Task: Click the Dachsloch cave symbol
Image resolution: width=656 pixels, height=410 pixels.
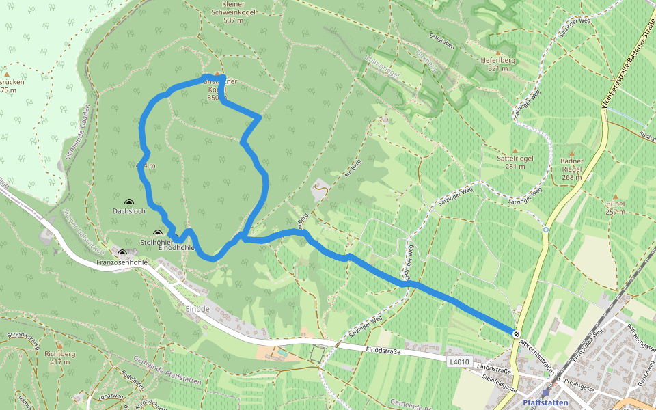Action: click(129, 202)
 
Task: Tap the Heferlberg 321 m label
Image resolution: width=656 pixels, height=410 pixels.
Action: click(497, 64)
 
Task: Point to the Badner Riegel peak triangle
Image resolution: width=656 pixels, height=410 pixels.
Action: click(571, 152)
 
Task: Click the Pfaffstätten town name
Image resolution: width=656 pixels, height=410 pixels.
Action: click(545, 402)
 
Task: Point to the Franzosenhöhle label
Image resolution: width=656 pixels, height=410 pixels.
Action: click(123, 262)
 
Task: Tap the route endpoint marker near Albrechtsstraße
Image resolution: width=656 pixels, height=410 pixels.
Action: click(515, 333)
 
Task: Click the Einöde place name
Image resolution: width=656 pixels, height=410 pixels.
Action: click(197, 309)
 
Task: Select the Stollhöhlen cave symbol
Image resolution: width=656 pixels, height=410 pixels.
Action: click(158, 234)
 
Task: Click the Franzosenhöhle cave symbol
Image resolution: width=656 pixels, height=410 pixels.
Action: click(122, 253)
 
